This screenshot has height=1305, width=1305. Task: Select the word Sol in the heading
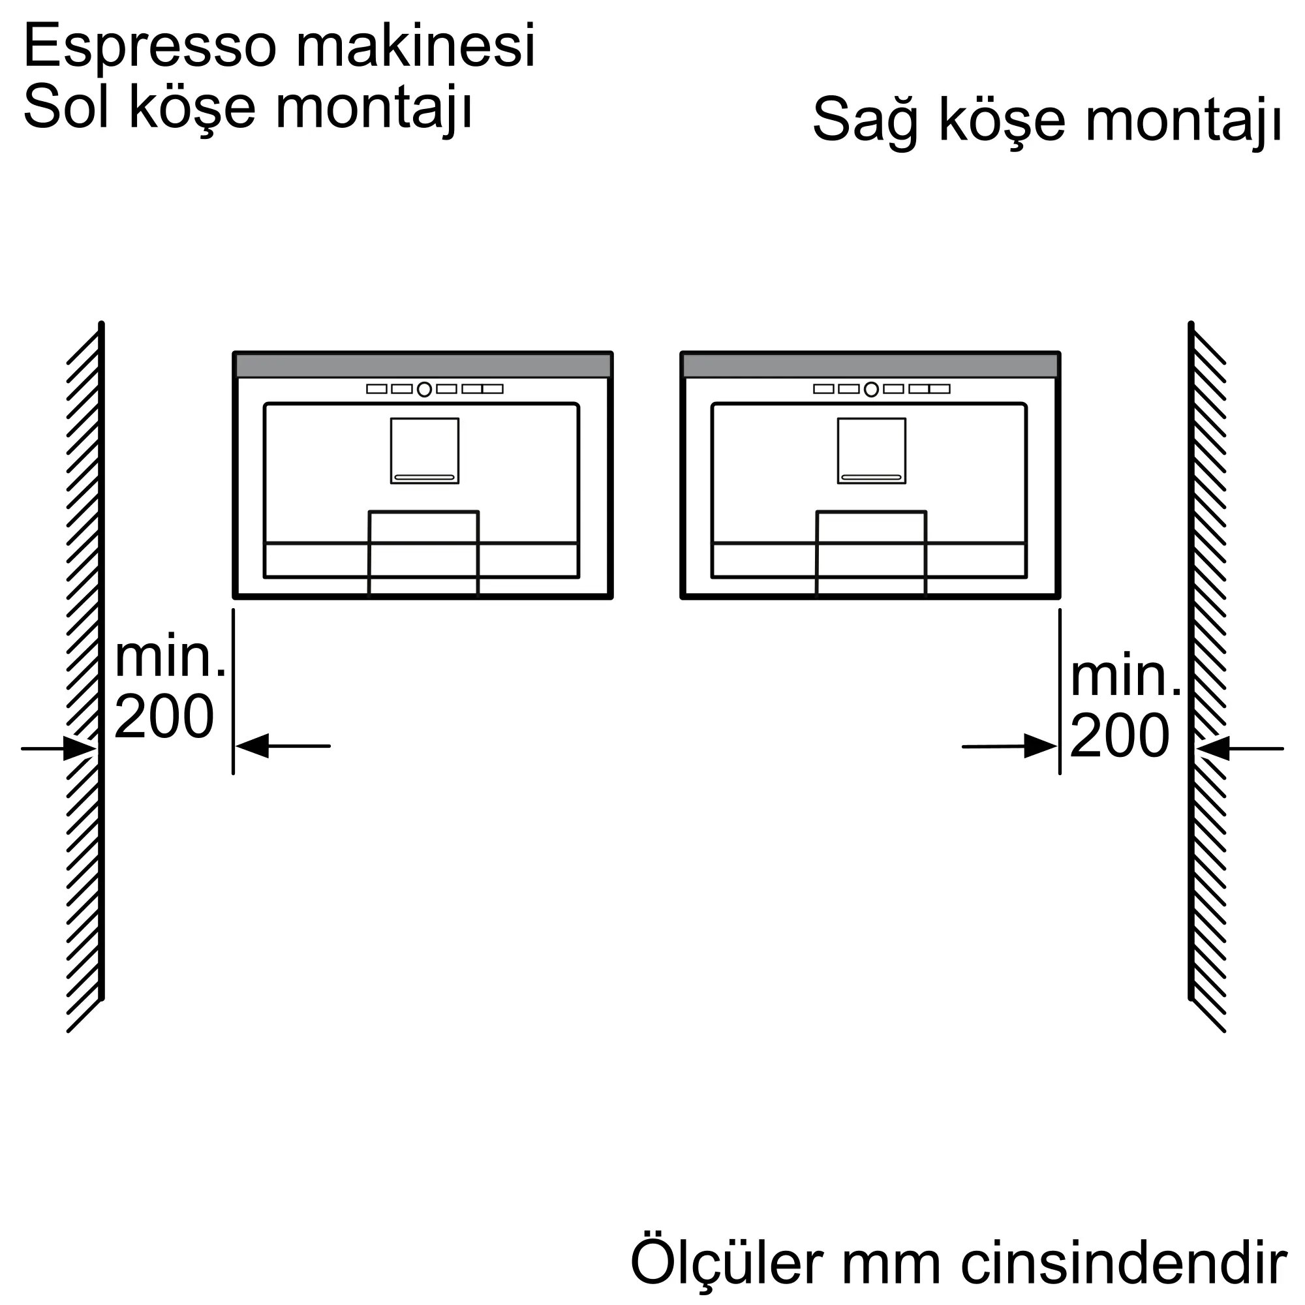pos(65,108)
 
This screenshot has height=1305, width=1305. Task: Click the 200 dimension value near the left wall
pos(164,716)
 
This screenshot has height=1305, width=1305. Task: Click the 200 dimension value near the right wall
pos(1120,735)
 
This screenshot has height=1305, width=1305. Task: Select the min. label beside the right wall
pos(1126,677)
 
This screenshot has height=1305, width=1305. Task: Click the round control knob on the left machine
pos(424,389)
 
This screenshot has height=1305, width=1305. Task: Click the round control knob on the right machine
pos(871,389)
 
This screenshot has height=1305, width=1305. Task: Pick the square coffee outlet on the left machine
pos(424,450)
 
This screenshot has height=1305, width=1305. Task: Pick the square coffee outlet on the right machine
pos(871,450)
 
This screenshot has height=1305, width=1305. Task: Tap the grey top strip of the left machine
pos(423,365)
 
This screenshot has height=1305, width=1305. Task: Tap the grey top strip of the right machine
pos(870,365)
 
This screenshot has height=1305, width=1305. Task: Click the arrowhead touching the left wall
pos(80,748)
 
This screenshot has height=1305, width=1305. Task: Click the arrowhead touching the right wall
pos(1212,748)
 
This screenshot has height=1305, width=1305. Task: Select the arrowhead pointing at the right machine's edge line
pos(1040,746)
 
